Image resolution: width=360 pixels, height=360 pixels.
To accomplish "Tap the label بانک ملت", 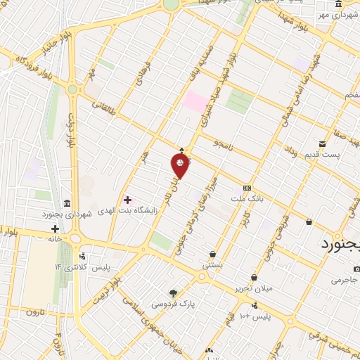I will (245, 198).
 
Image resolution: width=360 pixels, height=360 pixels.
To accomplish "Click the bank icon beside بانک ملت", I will (247, 188).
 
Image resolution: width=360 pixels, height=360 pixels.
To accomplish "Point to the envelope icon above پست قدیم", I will (323, 143).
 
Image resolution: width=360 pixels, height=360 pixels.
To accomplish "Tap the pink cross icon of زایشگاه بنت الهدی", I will (127, 200).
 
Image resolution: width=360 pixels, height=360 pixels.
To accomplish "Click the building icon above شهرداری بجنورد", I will (65, 202).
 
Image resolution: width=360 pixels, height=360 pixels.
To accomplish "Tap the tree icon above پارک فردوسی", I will (173, 292).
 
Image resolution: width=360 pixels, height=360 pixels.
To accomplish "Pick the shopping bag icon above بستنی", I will (212, 254).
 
